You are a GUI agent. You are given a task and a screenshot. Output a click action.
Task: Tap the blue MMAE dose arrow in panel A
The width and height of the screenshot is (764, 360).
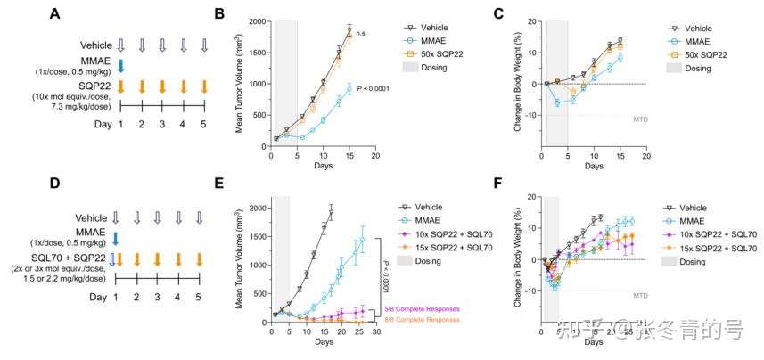[x=121, y=65]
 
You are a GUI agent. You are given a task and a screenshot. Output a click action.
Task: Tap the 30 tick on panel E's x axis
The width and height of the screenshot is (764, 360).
[x=377, y=331]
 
